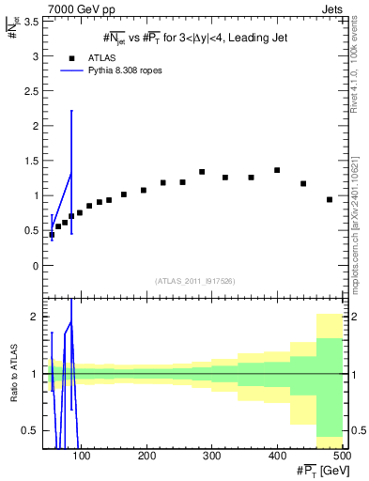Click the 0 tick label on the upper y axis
tap(37, 265)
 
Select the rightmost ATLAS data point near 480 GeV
tap(330, 199)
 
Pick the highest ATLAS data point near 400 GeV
tap(277, 170)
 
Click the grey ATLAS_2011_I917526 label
tap(194, 281)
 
